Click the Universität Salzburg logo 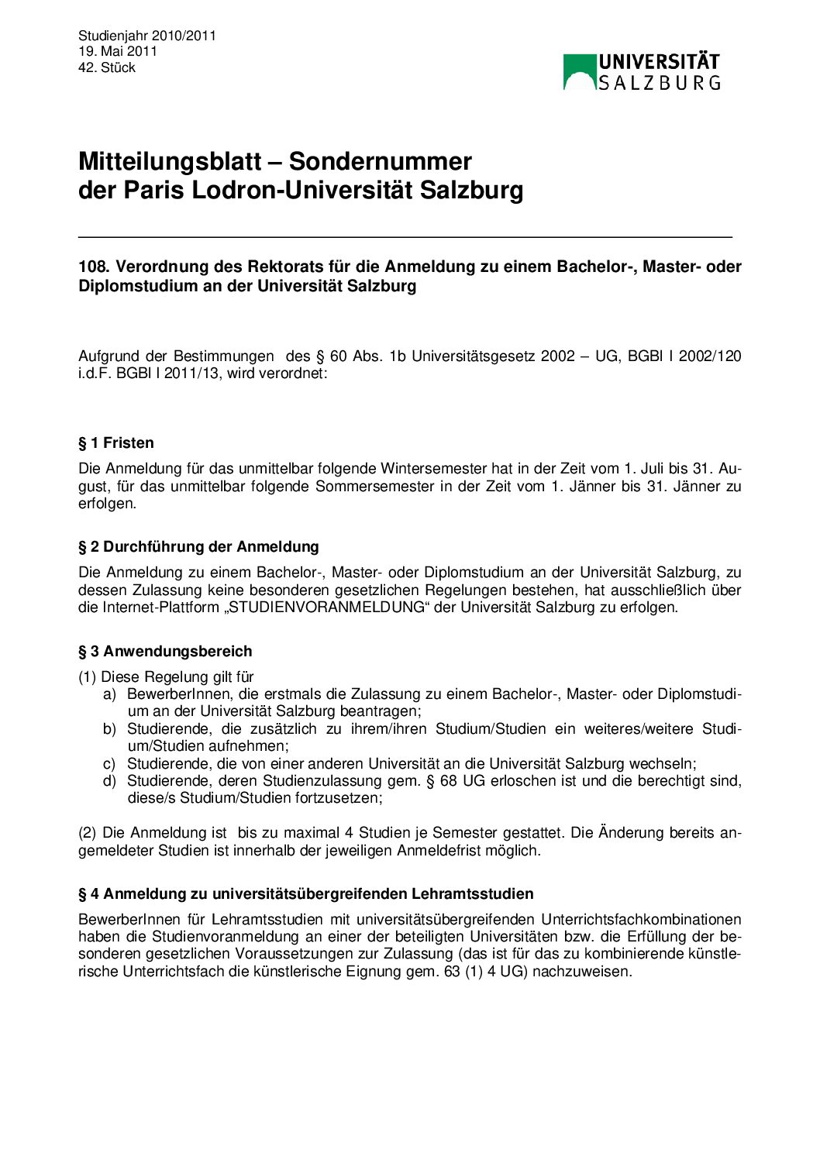click(641, 71)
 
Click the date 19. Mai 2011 click(118, 51)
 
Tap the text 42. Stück click(107, 67)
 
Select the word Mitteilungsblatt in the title click(170, 161)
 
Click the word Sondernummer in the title click(380, 161)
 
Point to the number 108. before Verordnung click(94, 267)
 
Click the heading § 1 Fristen click(116, 443)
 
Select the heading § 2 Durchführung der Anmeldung click(198, 547)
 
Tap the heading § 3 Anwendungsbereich click(165, 652)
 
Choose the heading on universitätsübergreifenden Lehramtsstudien click(306, 894)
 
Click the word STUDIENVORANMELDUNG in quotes click(323, 608)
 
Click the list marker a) click(109, 694)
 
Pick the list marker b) click(109, 729)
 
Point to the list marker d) click(109, 781)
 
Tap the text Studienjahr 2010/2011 click(147, 36)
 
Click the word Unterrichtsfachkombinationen click(641, 920)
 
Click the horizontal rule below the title click(405, 236)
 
